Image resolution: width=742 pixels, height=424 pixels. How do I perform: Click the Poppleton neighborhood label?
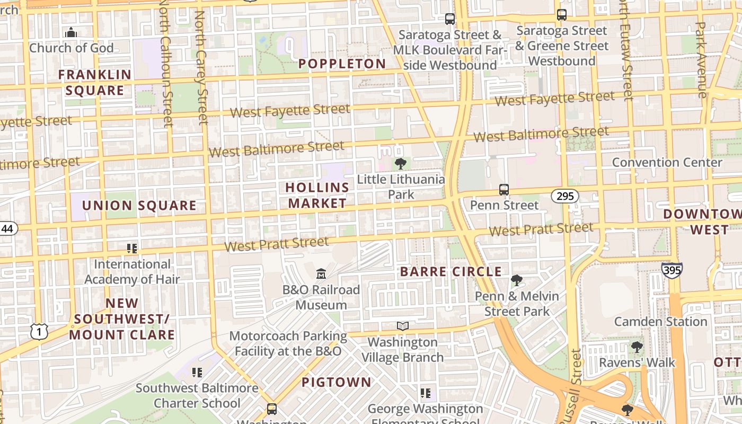pos(342,64)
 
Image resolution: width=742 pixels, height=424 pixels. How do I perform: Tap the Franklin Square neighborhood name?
pos(94,82)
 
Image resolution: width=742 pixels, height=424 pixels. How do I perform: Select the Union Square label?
pos(139,206)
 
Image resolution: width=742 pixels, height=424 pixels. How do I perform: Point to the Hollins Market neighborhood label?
pos(317,195)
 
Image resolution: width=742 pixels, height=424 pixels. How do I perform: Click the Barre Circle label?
pos(450,272)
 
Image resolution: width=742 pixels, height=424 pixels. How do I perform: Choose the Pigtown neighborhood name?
pos(337,382)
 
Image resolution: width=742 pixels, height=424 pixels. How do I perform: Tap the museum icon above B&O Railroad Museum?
pos(321,274)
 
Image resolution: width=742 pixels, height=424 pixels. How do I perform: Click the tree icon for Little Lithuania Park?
pos(401,163)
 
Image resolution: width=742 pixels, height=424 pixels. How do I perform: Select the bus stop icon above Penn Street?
pos(504,189)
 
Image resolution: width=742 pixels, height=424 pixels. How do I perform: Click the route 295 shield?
pos(565,197)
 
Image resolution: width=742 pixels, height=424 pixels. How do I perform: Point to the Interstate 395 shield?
pos(672,270)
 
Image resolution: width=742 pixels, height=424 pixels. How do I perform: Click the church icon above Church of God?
pos(71,32)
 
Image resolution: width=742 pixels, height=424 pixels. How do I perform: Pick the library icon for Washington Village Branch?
pos(403,326)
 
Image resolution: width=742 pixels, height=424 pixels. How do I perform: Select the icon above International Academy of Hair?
pos(132,248)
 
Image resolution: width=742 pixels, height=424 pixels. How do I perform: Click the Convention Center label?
pos(667,163)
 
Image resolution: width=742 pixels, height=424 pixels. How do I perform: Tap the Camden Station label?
pos(660,322)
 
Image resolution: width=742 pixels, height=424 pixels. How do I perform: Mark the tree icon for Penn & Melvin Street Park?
pos(516,280)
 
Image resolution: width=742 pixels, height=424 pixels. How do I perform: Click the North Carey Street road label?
pos(201,68)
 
